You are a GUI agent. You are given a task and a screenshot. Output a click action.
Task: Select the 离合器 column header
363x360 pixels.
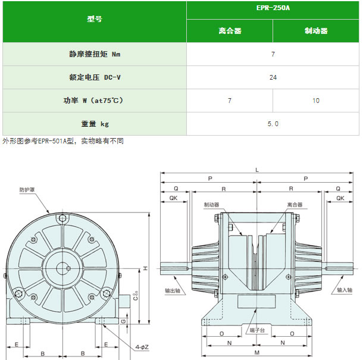tap(230, 31)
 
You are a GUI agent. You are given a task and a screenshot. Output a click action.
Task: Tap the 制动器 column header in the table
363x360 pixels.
tap(316, 31)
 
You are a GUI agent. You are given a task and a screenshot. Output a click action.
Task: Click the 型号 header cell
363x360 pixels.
tap(95, 19)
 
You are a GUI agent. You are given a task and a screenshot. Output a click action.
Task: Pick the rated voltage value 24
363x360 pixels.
tap(273, 77)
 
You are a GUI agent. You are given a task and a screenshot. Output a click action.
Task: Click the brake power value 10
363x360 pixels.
tap(316, 101)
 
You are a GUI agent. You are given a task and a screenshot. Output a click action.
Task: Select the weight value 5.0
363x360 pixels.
tap(273, 124)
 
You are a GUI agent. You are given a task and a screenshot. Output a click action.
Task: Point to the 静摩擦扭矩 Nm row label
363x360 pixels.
tap(95, 54)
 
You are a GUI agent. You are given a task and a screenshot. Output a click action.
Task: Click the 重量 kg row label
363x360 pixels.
tap(95, 124)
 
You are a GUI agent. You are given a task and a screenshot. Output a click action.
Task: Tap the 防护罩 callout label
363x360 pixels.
tap(27, 190)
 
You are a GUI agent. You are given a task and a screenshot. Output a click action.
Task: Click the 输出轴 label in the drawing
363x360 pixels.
tap(172, 290)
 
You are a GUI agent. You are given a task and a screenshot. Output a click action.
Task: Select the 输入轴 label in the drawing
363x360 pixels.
tap(345, 290)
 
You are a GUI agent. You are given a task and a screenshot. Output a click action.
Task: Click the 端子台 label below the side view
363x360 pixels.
tap(257, 330)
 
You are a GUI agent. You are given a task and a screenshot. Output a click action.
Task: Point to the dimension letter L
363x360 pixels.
tap(257, 170)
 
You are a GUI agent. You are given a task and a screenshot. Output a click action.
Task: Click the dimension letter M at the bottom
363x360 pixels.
tap(257, 353)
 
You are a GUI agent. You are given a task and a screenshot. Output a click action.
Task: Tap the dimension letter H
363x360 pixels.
tap(145, 268)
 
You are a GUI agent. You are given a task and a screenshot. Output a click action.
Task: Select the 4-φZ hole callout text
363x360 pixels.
tap(142, 347)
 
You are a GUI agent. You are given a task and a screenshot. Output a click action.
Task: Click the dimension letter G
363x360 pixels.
tap(124, 321)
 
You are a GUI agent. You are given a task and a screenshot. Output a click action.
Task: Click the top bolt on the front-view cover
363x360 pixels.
tap(62, 218)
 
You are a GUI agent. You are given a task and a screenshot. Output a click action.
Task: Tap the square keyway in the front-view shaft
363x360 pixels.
tap(68, 268)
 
